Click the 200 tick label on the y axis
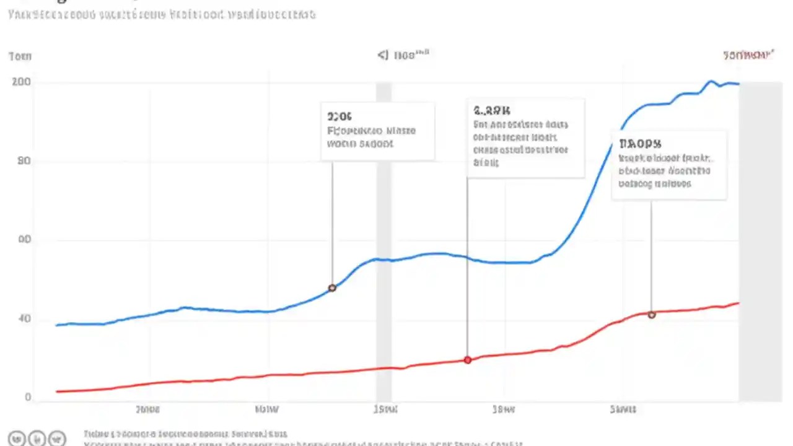(x=21, y=82)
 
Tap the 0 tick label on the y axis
(x=28, y=398)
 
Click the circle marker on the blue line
(x=332, y=288)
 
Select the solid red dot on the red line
(x=468, y=360)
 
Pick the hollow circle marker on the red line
(x=652, y=315)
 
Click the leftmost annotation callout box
(x=377, y=131)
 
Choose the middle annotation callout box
(x=525, y=138)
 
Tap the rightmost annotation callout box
(x=668, y=165)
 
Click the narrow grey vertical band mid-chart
(x=383, y=242)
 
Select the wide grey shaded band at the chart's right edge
(x=760, y=242)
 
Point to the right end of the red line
(x=738, y=303)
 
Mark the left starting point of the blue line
(x=56, y=325)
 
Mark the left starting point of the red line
(x=56, y=391)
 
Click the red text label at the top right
(x=748, y=55)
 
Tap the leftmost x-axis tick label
(x=147, y=409)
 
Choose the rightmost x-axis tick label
(x=623, y=409)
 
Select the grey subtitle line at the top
(x=161, y=14)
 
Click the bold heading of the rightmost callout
(x=639, y=144)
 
